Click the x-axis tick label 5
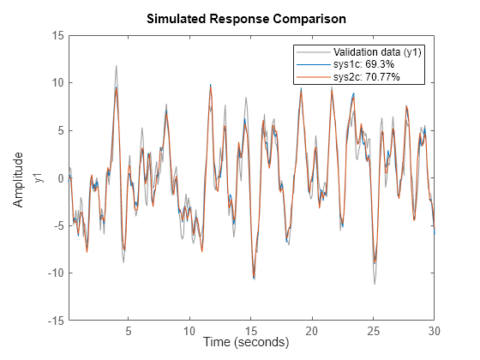128,331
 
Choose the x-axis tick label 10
189,331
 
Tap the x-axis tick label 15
251,331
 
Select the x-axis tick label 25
374,331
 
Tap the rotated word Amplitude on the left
18,178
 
